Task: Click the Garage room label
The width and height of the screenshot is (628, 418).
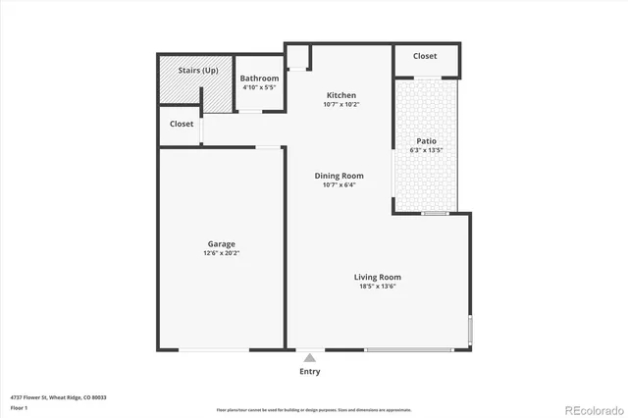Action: tap(221, 244)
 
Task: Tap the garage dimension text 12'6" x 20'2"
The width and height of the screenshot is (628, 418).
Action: tap(221, 253)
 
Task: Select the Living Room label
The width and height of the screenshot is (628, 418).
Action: tap(377, 277)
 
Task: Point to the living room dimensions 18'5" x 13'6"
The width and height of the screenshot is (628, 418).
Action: tap(377, 287)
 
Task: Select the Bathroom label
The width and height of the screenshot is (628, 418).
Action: tap(260, 78)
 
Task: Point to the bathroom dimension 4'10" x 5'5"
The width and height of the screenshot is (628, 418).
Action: tap(260, 87)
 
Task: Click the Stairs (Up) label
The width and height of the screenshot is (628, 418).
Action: tap(197, 71)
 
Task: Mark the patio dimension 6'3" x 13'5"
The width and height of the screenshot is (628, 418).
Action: tap(426, 150)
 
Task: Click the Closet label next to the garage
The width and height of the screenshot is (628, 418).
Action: tap(182, 125)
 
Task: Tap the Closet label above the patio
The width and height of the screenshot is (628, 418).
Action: tap(425, 57)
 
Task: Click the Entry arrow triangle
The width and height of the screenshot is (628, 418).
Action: tap(310, 358)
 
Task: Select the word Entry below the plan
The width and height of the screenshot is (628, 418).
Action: tap(310, 372)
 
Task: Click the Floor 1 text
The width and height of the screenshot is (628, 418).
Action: tap(19, 407)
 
